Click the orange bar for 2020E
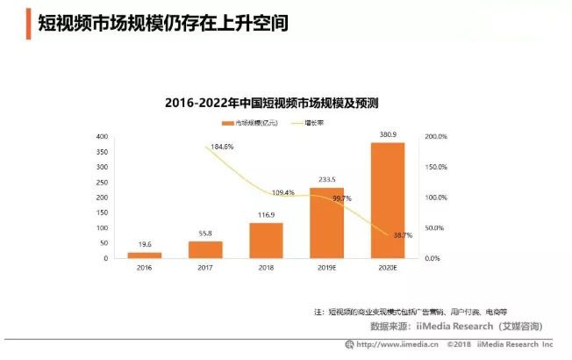(x=388, y=200)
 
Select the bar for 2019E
(x=327, y=223)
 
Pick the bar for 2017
(x=205, y=249)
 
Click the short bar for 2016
(x=145, y=255)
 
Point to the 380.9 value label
(x=388, y=134)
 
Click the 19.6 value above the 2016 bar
(x=145, y=246)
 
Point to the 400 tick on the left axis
(x=102, y=137)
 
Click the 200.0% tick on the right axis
(x=435, y=137)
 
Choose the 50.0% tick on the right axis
(x=435, y=228)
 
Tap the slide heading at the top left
(x=162, y=23)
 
